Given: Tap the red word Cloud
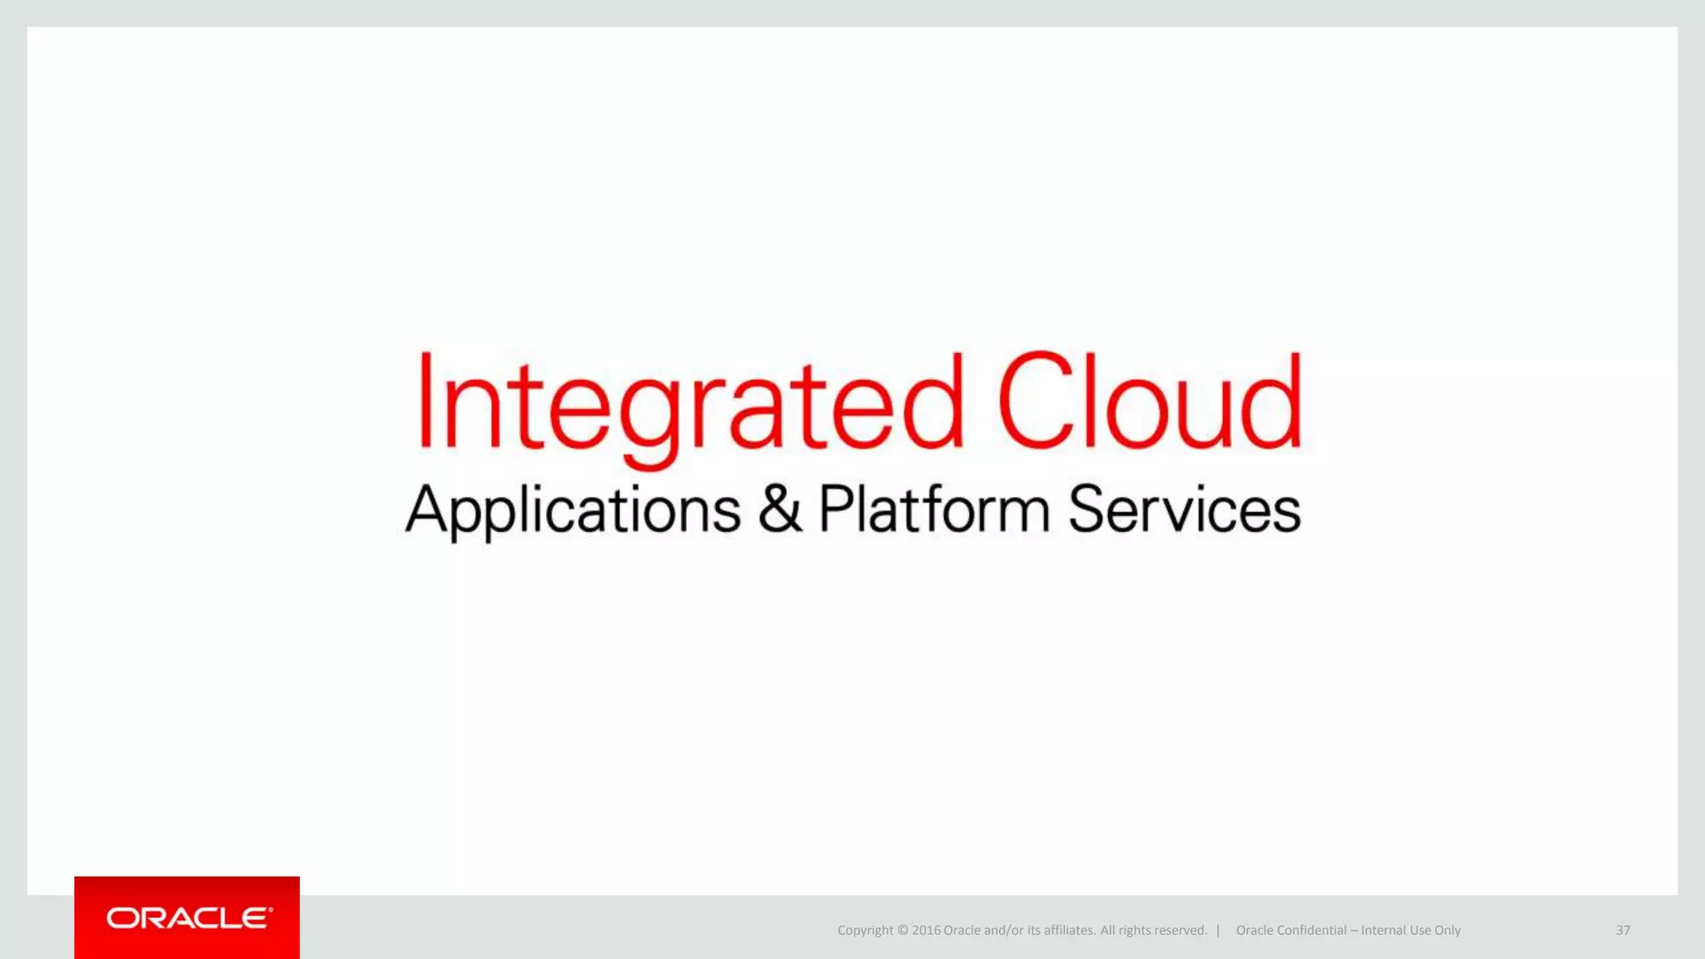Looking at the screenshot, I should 1149,400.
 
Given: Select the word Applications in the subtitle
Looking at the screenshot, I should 573,509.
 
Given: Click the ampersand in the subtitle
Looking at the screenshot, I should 779,509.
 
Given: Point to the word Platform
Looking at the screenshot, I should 933,509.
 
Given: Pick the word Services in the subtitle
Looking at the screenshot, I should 1184,509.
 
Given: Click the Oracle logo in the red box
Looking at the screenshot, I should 188,918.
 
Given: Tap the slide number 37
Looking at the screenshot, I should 1623,930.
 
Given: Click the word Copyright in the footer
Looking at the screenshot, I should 865,931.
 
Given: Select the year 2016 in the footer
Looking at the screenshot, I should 926,931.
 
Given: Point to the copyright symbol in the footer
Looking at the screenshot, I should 902,931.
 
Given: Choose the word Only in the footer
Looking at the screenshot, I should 1447,931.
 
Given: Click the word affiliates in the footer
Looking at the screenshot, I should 1069,931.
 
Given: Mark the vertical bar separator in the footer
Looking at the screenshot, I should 1218,930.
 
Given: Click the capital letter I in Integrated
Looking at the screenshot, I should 425,400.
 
